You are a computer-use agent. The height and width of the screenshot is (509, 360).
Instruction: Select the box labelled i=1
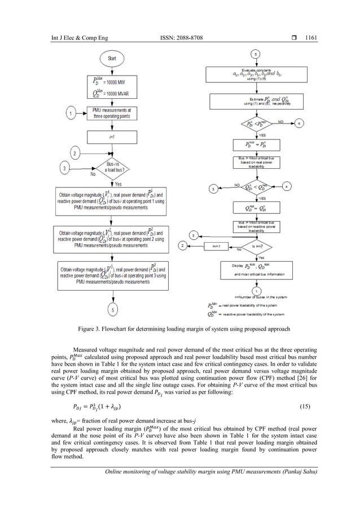(112, 136)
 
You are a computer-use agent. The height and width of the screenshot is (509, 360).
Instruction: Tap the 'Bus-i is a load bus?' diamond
(112, 168)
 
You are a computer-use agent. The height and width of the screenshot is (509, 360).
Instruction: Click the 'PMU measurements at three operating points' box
(112, 113)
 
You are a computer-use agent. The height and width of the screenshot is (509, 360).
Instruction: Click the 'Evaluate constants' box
(255, 73)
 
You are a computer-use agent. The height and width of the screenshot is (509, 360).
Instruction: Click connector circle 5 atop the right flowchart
(256, 54)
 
